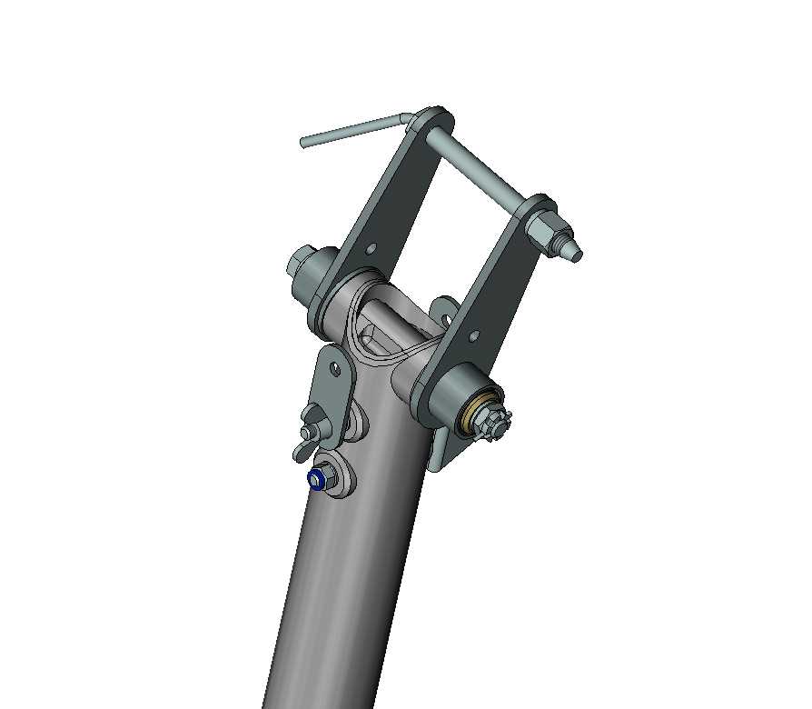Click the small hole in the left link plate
[371, 247]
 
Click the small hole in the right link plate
[472, 335]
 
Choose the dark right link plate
[495, 291]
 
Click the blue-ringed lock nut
[318, 479]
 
